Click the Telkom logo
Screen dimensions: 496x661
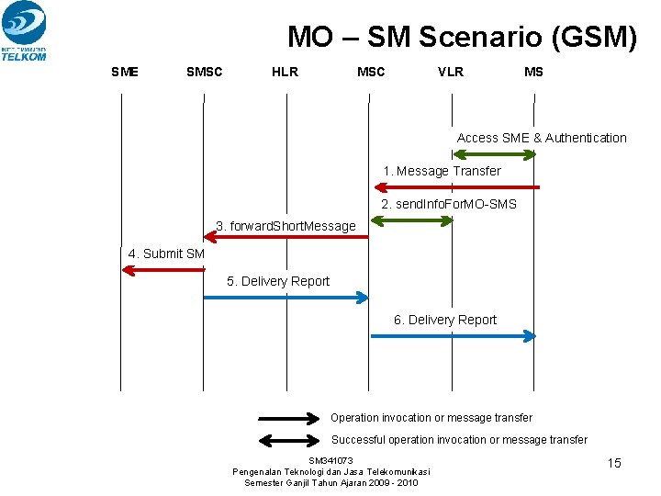[24, 30]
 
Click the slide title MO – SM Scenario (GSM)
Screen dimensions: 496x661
[462, 37]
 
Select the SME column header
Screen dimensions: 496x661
[125, 72]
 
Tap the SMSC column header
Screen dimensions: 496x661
[204, 72]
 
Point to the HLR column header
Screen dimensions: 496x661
[285, 72]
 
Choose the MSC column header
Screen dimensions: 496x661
[371, 72]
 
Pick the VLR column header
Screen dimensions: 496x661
[451, 72]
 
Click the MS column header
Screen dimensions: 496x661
[533, 72]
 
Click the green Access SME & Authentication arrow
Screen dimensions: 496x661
[494, 153]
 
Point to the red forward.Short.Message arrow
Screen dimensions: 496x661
[286, 237]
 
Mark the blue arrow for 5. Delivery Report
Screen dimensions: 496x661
[286, 298]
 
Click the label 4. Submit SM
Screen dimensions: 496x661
[166, 254]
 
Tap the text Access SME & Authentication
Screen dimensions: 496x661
[542, 138]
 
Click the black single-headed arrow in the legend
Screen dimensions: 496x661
[288, 418]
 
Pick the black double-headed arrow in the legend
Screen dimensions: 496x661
[288, 440]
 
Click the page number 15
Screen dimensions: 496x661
[614, 463]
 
